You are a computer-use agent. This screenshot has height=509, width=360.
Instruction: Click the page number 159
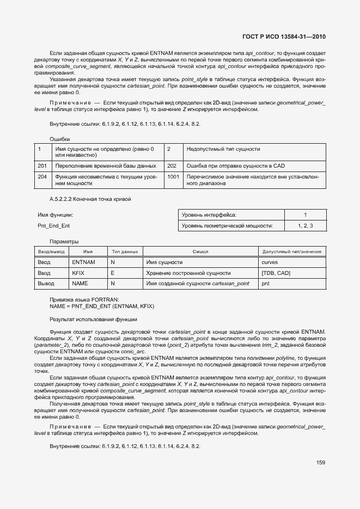320,463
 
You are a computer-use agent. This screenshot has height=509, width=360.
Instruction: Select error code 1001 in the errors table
173,177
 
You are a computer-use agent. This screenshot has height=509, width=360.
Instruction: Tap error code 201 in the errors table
42,165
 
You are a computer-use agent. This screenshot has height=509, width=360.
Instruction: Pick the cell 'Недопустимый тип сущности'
223,149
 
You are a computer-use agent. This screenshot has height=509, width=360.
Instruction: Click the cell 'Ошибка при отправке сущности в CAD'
235,165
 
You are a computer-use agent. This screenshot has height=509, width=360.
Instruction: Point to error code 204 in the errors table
42,177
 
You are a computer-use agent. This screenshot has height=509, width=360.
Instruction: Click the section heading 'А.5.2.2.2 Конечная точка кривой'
90,199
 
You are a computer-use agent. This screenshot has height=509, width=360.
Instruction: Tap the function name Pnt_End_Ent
53,225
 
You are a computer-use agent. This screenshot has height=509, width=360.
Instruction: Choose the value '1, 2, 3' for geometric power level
305,225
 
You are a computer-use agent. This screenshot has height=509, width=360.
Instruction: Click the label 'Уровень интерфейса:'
209,215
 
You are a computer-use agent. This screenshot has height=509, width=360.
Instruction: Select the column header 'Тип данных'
125,252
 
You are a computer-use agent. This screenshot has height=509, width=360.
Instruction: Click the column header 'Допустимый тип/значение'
292,252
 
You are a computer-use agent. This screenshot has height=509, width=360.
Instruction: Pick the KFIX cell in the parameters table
78,273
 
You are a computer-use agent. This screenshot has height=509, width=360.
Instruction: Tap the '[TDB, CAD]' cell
276,273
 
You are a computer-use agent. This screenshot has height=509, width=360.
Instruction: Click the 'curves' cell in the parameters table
270,262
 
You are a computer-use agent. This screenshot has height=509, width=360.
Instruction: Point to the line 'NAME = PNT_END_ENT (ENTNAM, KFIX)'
102,306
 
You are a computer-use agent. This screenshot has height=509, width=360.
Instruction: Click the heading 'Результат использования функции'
93,319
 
